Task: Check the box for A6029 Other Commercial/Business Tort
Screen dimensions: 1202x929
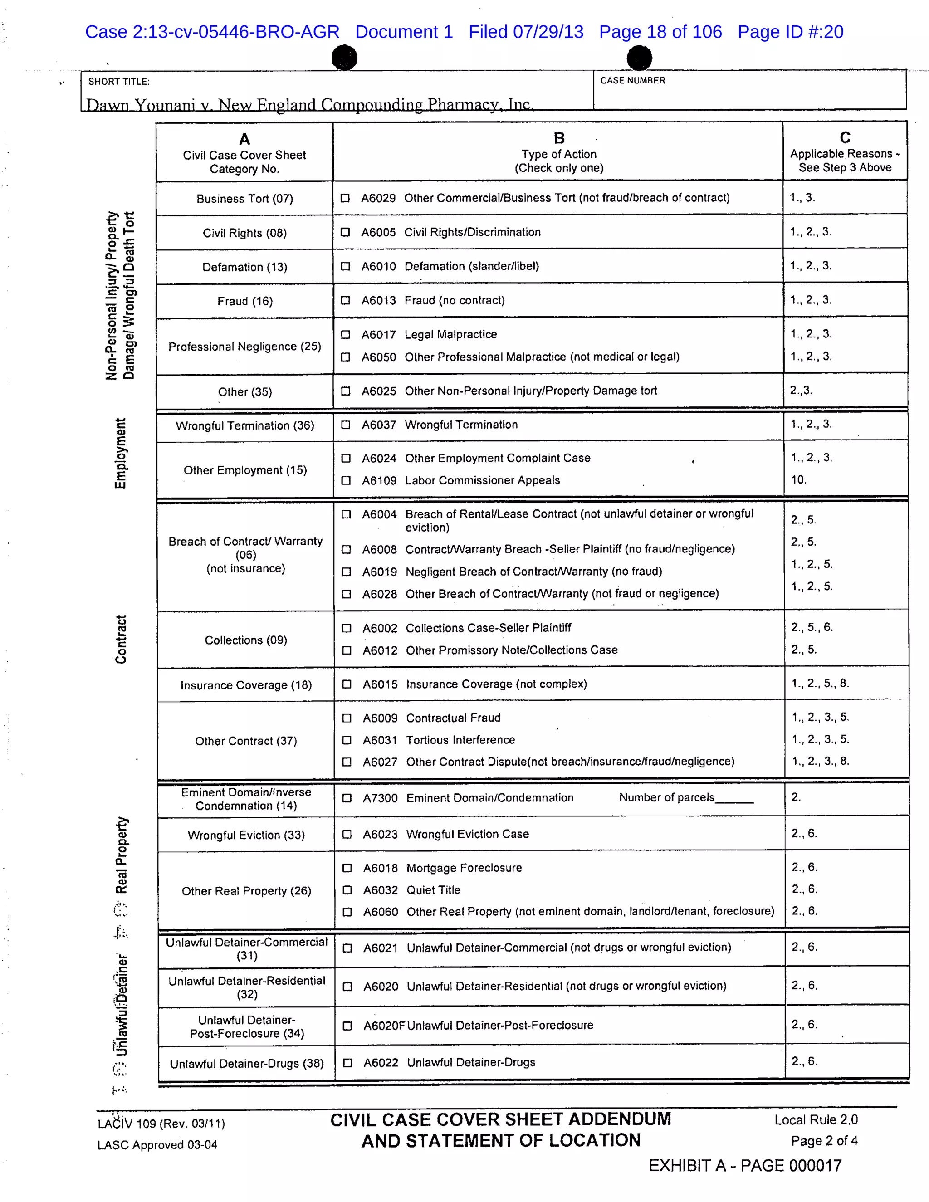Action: point(345,198)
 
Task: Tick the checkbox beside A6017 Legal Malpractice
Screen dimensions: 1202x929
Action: point(345,335)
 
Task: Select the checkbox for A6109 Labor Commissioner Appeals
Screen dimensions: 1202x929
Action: point(346,480)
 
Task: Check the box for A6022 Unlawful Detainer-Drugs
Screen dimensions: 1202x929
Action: point(347,1063)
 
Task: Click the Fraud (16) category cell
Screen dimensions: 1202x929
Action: point(245,301)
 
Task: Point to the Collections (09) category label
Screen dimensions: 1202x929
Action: point(245,640)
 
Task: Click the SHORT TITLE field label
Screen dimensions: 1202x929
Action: point(119,82)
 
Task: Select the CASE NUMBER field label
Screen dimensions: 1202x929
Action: point(632,80)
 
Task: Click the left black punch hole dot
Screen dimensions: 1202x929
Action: point(345,57)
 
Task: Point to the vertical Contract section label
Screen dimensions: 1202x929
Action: point(121,639)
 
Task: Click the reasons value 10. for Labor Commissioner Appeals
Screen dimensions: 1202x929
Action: point(798,479)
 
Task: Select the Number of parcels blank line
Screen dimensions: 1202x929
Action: point(734,799)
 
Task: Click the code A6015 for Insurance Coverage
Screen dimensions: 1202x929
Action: point(380,684)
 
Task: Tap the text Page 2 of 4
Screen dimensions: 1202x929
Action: point(824,1141)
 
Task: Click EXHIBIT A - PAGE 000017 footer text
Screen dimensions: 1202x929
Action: point(745,1166)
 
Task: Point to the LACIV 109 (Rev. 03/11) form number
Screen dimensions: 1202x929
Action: point(161,1123)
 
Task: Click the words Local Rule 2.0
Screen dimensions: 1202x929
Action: point(816,1119)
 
